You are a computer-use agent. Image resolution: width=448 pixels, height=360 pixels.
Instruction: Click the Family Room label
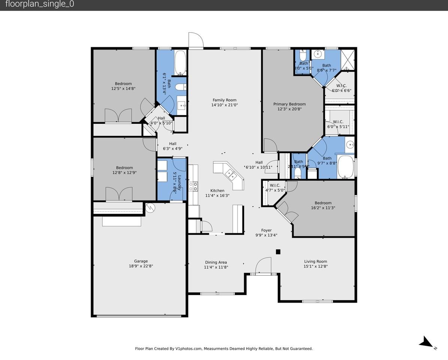pos(224,100)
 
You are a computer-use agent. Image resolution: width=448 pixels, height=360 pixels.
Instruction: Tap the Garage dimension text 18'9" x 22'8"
pos(141,266)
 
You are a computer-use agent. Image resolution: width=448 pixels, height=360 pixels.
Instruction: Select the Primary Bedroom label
pos(289,104)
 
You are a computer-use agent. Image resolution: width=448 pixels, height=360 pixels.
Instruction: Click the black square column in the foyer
pos(278,252)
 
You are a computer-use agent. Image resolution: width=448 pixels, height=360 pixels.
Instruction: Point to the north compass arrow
pos(426,342)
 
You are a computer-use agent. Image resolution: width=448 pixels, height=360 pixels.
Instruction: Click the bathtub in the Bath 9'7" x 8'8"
pos(345,166)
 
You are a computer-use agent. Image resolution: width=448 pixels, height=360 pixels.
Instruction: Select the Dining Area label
pos(216,262)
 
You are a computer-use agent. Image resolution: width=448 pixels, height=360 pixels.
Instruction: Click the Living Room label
pos(315,261)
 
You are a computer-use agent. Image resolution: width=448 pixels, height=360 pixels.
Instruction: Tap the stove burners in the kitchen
pos(193,186)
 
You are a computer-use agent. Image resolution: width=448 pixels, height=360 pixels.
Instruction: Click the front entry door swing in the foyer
pos(263,266)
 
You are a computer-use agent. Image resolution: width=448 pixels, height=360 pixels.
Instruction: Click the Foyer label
pos(266,230)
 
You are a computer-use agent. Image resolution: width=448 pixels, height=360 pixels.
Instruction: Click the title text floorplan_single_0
pos(40,4)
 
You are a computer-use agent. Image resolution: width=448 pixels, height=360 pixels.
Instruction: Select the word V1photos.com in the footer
pos(188,349)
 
